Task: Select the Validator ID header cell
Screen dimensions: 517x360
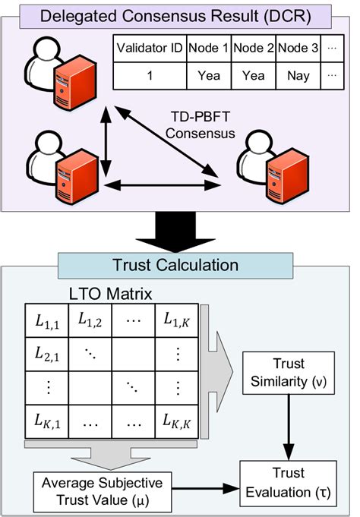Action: (x=149, y=49)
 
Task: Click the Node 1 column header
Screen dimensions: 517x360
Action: (x=208, y=49)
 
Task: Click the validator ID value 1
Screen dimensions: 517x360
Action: (x=149, y=76)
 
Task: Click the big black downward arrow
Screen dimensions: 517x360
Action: (x=179, y=232)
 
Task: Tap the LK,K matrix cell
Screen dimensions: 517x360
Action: (x=176, y=418)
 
